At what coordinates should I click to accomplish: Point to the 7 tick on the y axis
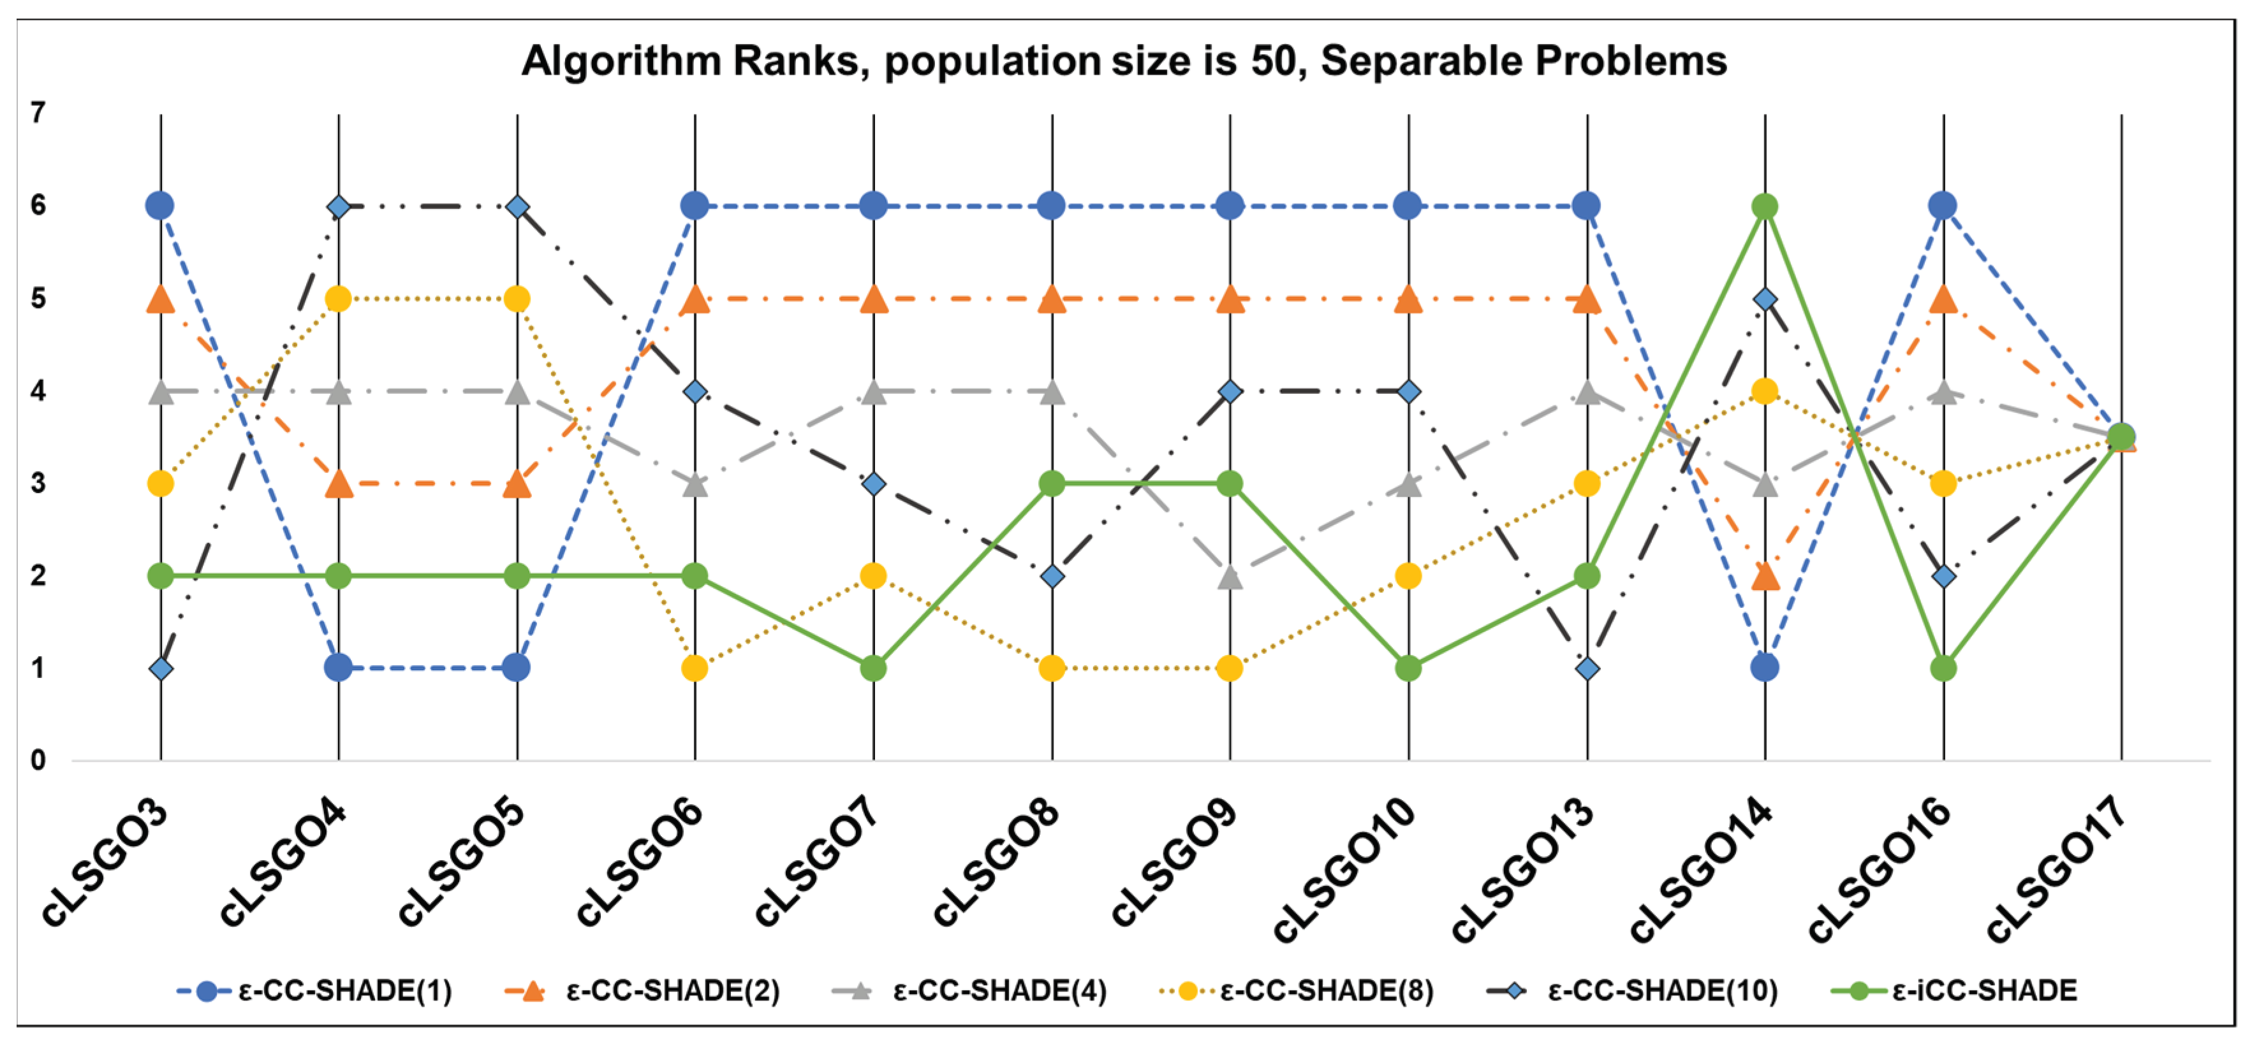pos(38,113)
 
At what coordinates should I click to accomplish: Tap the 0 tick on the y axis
pos(38,761)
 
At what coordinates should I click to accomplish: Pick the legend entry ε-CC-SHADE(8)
pos(1325,991)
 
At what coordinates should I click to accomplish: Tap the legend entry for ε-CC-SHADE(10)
pos(1661,991)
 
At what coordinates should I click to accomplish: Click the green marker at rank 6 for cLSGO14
pos(1765,207)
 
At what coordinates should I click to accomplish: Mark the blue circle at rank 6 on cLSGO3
pos(160,206)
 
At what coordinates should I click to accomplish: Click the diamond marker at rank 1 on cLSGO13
pos(1587,669)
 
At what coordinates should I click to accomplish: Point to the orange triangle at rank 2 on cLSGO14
pos(1766,577)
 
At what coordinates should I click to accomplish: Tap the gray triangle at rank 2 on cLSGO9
pos(1230,577)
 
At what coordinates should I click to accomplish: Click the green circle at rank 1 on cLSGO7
pos(873,669)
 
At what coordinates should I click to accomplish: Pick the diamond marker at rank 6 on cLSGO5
pos(517,207)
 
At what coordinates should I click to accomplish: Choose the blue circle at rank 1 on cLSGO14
pos(1765,668)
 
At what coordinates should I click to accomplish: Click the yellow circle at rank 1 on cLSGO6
pos(695,669)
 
